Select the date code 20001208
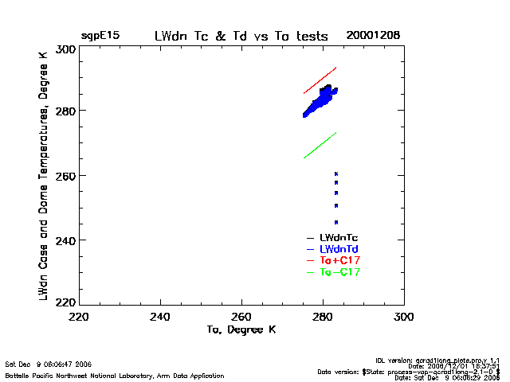click(x=373, y=36)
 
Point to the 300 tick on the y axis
click(x=65, y=49)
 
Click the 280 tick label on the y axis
click(x=65, y=111)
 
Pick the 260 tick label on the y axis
click(x=65, y=175)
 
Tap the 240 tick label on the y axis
click(x=65, y=240)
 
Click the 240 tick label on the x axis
click(x=161, y=317)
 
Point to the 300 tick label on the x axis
click(x=404, y=317)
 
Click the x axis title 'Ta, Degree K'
click(x=241, y=329)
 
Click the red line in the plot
click(x=320, y=80)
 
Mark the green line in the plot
click(x=320, y=145)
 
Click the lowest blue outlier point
click(x=336, y=222)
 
